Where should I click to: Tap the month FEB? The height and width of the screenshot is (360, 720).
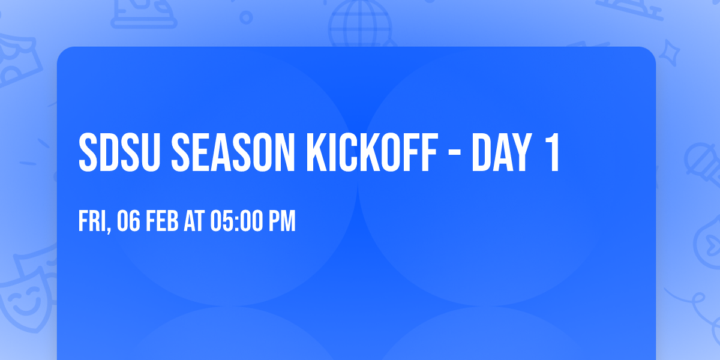162,221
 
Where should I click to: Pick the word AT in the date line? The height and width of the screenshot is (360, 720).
194,221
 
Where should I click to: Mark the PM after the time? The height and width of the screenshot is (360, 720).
282,221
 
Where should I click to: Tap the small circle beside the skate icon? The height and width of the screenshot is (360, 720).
245,16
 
